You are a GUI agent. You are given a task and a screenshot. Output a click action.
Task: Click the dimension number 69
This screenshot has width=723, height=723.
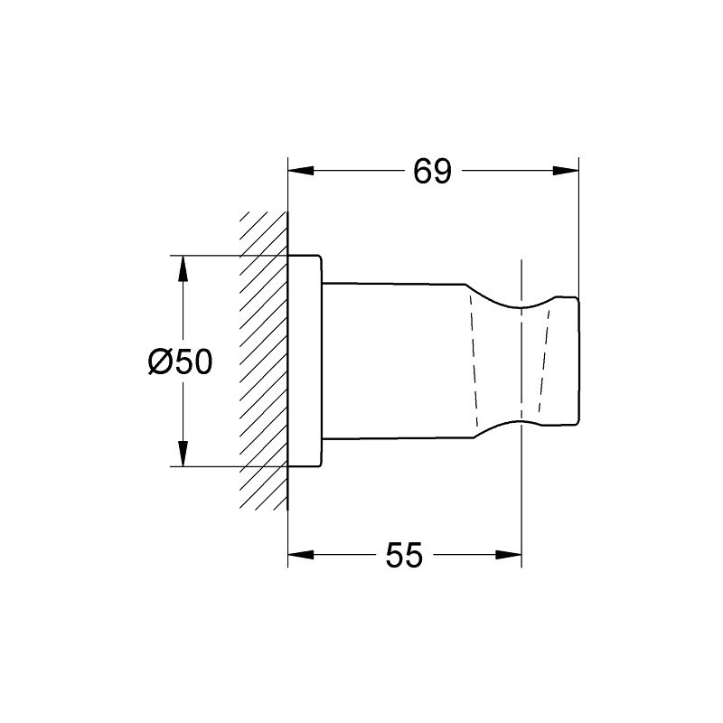coord(432,171)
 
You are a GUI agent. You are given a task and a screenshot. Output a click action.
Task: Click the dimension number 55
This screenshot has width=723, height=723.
coord(404,555)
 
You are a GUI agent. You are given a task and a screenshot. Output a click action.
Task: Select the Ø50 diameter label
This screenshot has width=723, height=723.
coord(180,361)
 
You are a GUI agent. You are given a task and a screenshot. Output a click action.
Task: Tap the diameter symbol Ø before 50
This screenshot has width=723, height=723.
coord(160,361)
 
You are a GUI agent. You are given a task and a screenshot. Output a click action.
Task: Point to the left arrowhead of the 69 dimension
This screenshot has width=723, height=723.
coord(301,171)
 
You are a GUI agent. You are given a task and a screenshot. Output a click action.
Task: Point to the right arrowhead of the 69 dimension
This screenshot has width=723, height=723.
coord(566,171)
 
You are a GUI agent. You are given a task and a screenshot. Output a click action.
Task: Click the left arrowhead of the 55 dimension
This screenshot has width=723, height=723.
coord(301,554)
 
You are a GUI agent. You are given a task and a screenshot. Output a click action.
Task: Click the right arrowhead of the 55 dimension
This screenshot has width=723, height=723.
coord(509,554)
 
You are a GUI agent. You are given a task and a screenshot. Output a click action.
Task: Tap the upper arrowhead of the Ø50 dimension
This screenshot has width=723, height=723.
coord(183,268)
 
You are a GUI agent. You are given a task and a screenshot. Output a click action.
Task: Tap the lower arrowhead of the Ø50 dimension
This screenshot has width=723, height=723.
coord(183,454)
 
